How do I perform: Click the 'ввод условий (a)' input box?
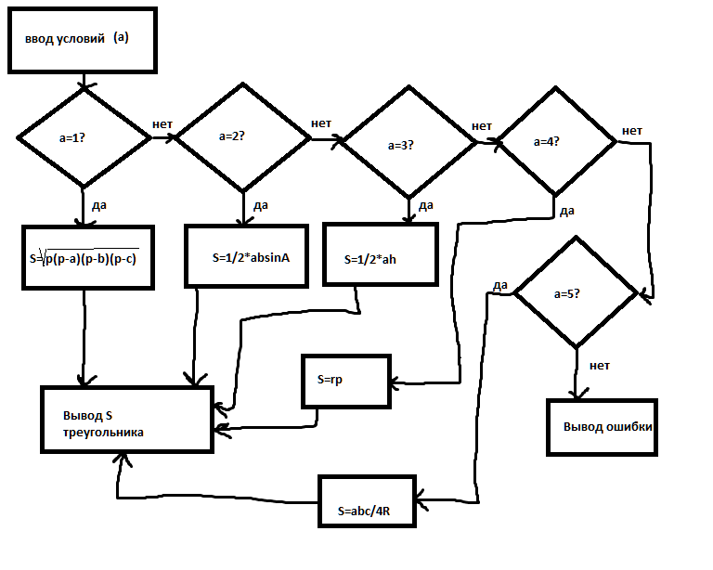[x=82, y=41]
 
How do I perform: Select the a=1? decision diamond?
[x=84, y=137]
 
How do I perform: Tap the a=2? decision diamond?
[x=243, y=136]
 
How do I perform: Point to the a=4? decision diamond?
[x=554, y=142]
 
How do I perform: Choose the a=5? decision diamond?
[x=577, y=293]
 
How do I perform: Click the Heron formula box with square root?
[x=84, y=257]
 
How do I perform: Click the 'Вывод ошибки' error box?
[x=602, y=427]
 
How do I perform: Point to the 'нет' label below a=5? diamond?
[x=599, y=365]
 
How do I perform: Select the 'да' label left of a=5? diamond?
[x=499, y=285]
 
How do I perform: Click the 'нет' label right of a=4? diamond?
[x=631, y=130]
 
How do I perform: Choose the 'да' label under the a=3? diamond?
[x=426, y=205]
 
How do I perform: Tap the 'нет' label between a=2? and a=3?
[x=321, y=123]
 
